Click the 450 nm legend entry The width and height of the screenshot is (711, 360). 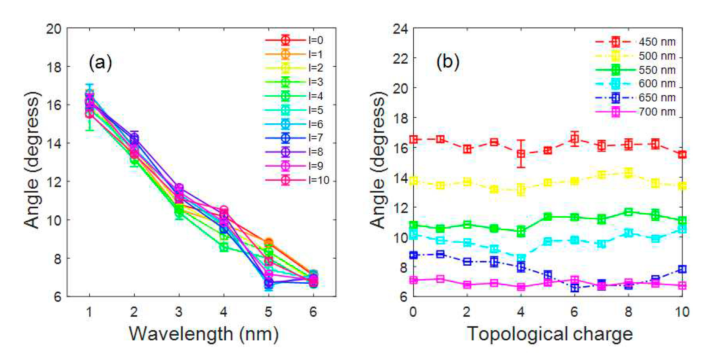click(635, 42)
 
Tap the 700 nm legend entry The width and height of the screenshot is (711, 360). click(635, 112)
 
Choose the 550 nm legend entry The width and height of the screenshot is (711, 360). click(635, 70)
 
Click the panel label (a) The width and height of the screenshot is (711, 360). click(100, 63)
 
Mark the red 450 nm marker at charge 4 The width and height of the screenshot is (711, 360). click(521, 154)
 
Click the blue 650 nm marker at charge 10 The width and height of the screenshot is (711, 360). click(682, 269)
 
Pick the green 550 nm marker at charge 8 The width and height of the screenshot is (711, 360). click(628, 212)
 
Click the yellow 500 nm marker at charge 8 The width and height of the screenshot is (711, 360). click(628, 173)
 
